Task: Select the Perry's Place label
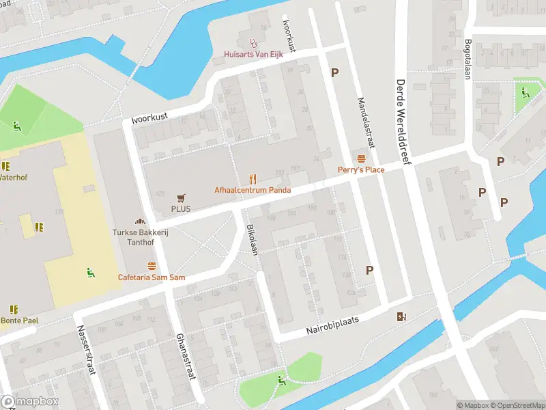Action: [x=361, y=169]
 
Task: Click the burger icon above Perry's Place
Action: [x=361, y=159]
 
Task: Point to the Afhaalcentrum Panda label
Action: [x=253, y=190]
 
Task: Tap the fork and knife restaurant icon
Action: [x=253, y=179]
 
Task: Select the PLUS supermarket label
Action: [x=181, y=209]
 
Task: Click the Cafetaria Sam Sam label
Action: [x=152, y=277]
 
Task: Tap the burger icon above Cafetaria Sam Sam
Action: [x=152, y=266]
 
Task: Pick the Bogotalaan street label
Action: [x=468, y=59]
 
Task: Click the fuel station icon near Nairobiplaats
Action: [x=402, y=316]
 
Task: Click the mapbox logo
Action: [x=29, y=402]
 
